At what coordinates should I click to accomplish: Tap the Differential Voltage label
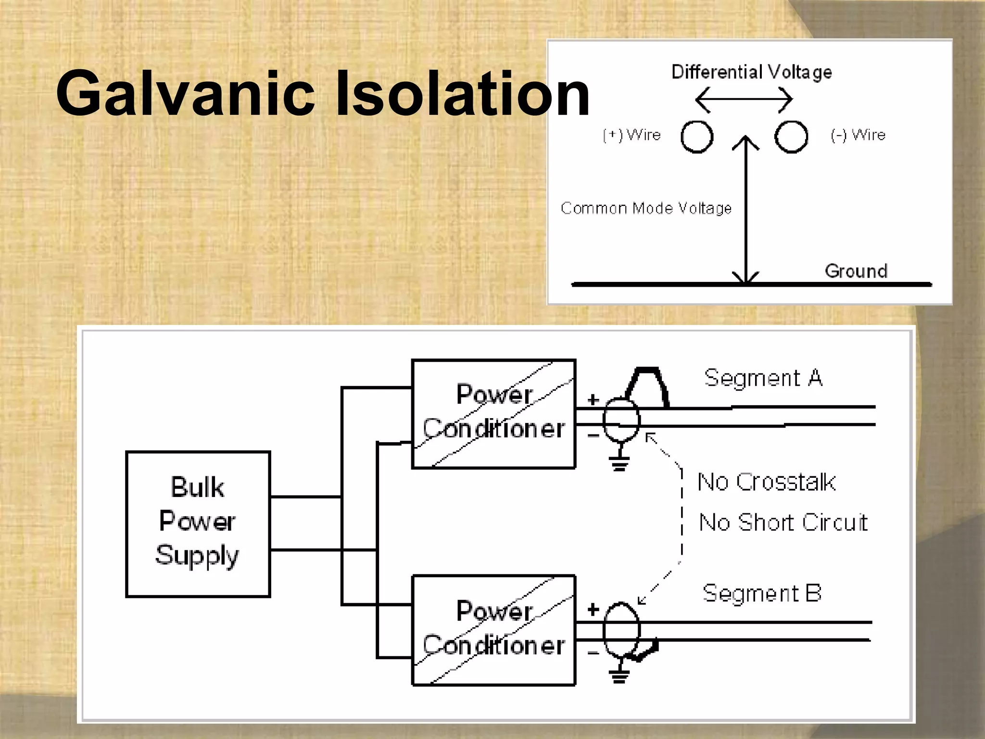[x=751, y=72]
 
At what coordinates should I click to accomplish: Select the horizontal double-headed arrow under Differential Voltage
[x=744, y=100]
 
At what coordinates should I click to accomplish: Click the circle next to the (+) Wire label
[x=697, y=137]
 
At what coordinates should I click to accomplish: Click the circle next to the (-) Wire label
[x=791, y=137]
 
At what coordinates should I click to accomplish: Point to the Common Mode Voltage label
[x=646, y=208]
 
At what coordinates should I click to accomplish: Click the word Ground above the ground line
[x=856, y=271]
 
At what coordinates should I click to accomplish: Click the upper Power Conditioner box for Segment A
[x=493, y=413]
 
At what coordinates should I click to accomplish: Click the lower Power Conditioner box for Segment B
[x=493, y=630]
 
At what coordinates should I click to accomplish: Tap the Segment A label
[x=763, y=378]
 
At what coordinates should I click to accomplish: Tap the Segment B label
[x=762, y=594]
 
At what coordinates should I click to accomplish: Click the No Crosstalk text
[x=766, y=482]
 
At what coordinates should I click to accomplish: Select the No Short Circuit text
[x=783, y=522]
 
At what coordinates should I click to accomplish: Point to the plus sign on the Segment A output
[x=594, y=399]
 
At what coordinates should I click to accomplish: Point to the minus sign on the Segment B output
[x=594, y=653]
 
